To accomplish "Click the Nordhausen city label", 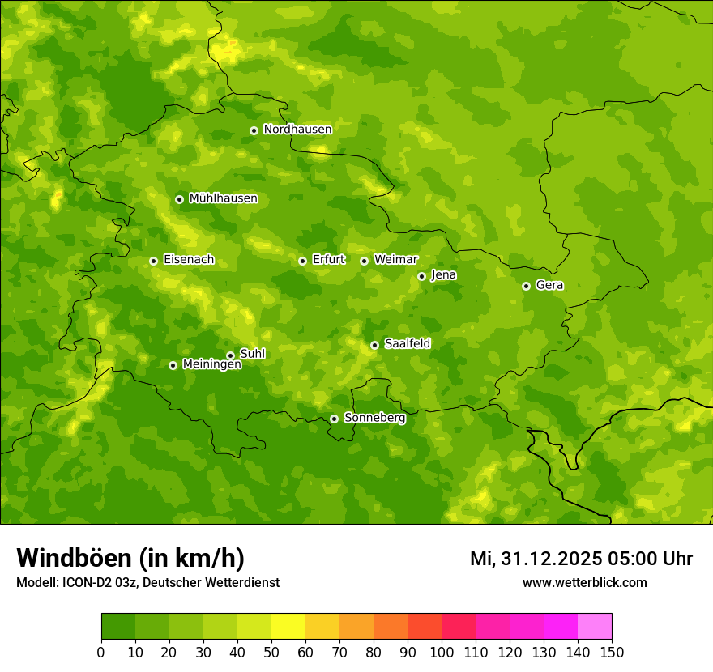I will pyautogui.click(x=297, y=130).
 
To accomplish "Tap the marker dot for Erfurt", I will pyautogui.click(x=302, y=261).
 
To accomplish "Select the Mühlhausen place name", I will pyautogui.click(x=223, y=198).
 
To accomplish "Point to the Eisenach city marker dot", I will pyautogui.click(x=153, y=261).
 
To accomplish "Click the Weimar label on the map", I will pyautogui.click(x=395, y=260).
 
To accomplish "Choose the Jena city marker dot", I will pyautogui.click(x=421, y=276).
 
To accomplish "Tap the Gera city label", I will pyautogui.click(x=549, y=285).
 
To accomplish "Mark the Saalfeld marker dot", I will pyautogui.click(x=374, y=345).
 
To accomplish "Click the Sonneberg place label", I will pyautogui.click(x=374, y=418).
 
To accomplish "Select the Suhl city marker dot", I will pyautogui.click(x=230, y=355).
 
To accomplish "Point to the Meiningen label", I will pyautogui.click(x=211, y=364).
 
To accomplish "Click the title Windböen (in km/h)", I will pyautogui.click(x=130, y=558).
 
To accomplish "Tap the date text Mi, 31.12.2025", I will pyautogui.click(x=534, y=559).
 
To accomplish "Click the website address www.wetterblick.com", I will pyautogui.click(x=584, y=582).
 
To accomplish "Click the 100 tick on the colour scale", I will pyautogui.click(x=442, y=652).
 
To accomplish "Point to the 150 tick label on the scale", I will pyautogui.click(x=611, y=652).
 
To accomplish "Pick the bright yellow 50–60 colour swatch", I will pyautogui.click(x=288, y=627).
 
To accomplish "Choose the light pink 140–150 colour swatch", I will pyautogui.click(x=595, y=627).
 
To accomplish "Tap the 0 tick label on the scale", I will pyautogui.click(x=101, y=652).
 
